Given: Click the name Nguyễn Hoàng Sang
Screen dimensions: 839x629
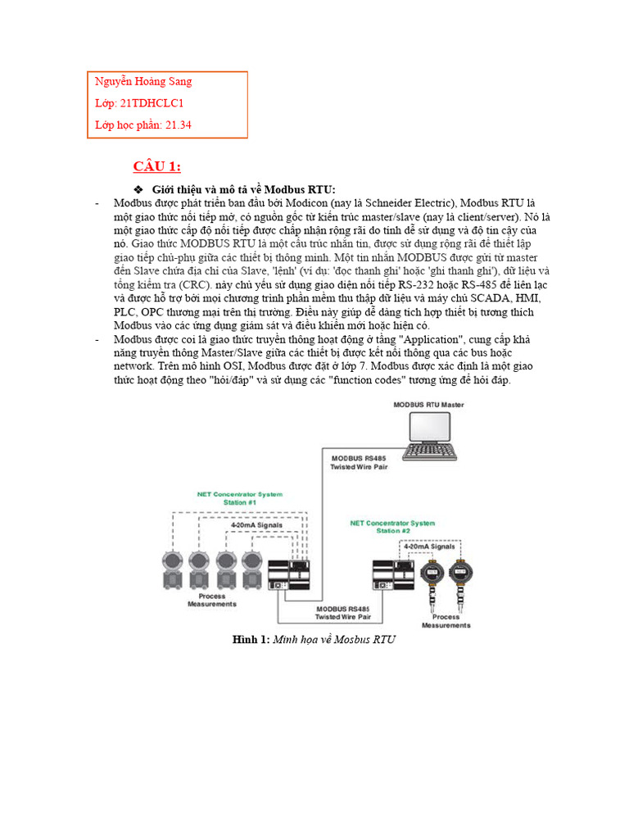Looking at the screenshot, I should (143, 82).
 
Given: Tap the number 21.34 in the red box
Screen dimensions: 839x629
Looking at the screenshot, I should (179, 125).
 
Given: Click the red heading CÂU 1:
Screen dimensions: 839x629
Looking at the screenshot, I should (157, 167).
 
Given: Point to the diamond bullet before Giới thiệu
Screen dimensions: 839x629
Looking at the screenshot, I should (138, 190).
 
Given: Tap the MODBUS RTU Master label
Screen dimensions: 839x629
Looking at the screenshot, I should (428, 405).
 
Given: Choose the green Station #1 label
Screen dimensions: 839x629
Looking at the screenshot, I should (239, 499).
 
